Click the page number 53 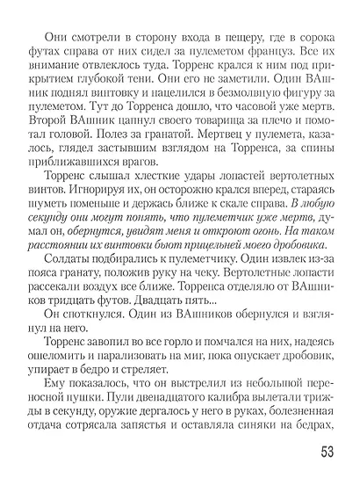click(x=326, y=455)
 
